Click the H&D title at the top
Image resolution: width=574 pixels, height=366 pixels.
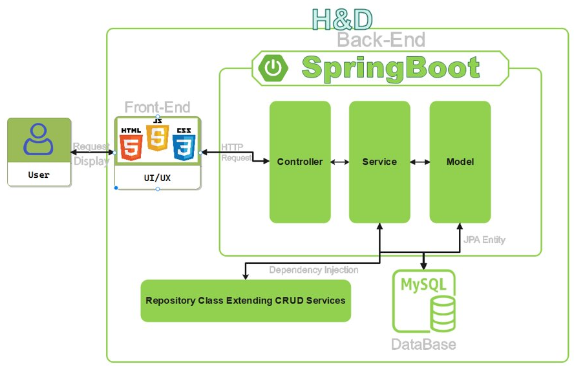click(342, 19)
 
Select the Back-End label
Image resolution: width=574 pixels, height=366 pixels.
click(381, 40)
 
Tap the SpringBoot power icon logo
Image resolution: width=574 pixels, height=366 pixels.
click(273, 67)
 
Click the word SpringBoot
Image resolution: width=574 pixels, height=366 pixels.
click(390, 67)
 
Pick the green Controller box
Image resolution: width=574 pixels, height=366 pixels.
click(300, 162)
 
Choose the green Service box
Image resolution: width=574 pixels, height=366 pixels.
click(379, 162)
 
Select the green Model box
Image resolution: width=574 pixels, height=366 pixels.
click(460, 162)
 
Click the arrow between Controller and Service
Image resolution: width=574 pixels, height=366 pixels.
click(339, 162)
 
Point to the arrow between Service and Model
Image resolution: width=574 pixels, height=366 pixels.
click(420, 162)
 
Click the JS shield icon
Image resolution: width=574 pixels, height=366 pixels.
click(157, 136)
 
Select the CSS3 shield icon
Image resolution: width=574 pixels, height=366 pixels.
click(184, 144)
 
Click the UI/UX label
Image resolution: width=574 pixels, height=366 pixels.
click(157, 176)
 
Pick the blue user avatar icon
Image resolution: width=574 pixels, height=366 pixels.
click(38, 139)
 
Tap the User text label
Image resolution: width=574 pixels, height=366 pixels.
click(39, 175)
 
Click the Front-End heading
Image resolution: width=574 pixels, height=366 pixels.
click(157, 107)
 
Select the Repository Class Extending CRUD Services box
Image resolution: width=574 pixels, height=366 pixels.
click(246, 301)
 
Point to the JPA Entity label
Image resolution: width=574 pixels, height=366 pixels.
click(484, 240)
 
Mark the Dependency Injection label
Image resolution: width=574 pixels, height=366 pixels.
click(314, 270)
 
